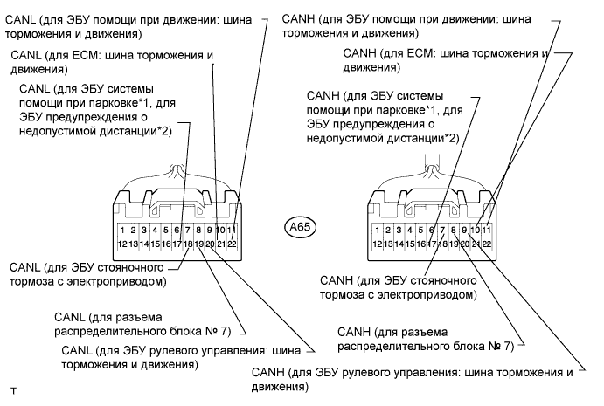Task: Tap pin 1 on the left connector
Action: click(x=122, y=231)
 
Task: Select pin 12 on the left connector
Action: click(x=122, y=244)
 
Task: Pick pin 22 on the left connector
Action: click(x=233, y=244)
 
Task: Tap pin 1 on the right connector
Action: click(x=377, y=231)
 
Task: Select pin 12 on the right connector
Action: click(x=377, y=244)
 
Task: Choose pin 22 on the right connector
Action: click(x=487, y=244)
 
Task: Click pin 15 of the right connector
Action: click(x=410, y=244)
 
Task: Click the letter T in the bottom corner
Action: click(x=13, y=386)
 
